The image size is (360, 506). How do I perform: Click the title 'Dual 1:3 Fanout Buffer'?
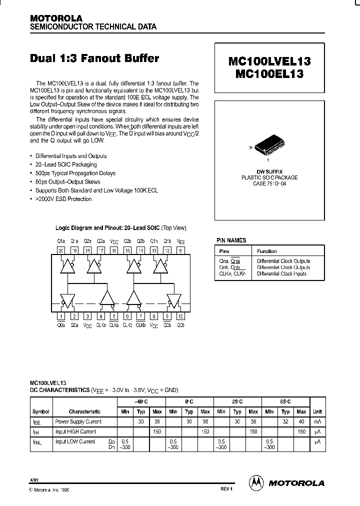(x=94, y=58)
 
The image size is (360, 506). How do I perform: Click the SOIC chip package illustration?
(x=270, y=144)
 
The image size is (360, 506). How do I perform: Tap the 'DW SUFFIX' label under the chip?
(x=269, y=171)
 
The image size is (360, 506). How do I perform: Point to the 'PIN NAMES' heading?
(x=231, y=240)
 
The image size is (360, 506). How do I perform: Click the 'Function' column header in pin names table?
(x=267, y=251)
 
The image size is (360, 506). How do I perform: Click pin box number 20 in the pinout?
(x=61, y=250)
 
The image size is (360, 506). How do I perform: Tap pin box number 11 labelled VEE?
(x=180, y=250)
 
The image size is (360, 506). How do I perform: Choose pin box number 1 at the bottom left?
(x=61, y=316)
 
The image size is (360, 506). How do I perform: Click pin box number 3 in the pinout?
(x=87, y=316)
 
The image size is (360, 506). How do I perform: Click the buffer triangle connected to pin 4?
(x=106, y=298)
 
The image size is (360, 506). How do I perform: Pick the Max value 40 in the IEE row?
(x=301, y=421)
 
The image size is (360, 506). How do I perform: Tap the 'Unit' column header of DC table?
(x=317, y=411)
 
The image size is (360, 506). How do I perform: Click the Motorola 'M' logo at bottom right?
(x=256, y=482)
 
